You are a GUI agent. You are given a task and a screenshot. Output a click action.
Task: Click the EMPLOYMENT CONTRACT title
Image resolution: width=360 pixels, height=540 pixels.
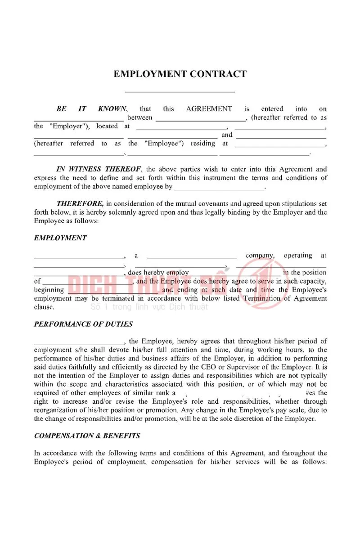pyautogui.click(x=180, y=74)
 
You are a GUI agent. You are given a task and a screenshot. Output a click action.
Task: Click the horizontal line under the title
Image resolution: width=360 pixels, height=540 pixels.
pyautogui.click(x=180, y=92)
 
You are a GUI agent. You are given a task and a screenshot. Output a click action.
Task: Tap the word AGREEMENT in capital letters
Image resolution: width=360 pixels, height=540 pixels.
pyautogui.click(x=209, y=109)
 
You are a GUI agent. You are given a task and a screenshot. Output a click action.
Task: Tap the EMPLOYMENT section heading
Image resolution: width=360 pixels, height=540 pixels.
pyautogui.click(x=60, y=238)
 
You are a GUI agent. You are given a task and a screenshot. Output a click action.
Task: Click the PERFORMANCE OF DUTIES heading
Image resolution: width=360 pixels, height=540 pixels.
pyautogui.click(x=83, y=324)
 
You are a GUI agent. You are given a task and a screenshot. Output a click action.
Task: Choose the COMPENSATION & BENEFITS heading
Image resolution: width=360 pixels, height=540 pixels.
pyautogui.click(x=87, y=436)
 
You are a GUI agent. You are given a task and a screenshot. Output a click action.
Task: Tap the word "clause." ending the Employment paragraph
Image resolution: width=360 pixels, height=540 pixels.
pyautogui.click(x=44, y=307)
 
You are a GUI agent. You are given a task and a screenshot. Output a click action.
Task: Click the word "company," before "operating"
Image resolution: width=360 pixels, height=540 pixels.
pyautogui.click(x=261, y=256)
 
